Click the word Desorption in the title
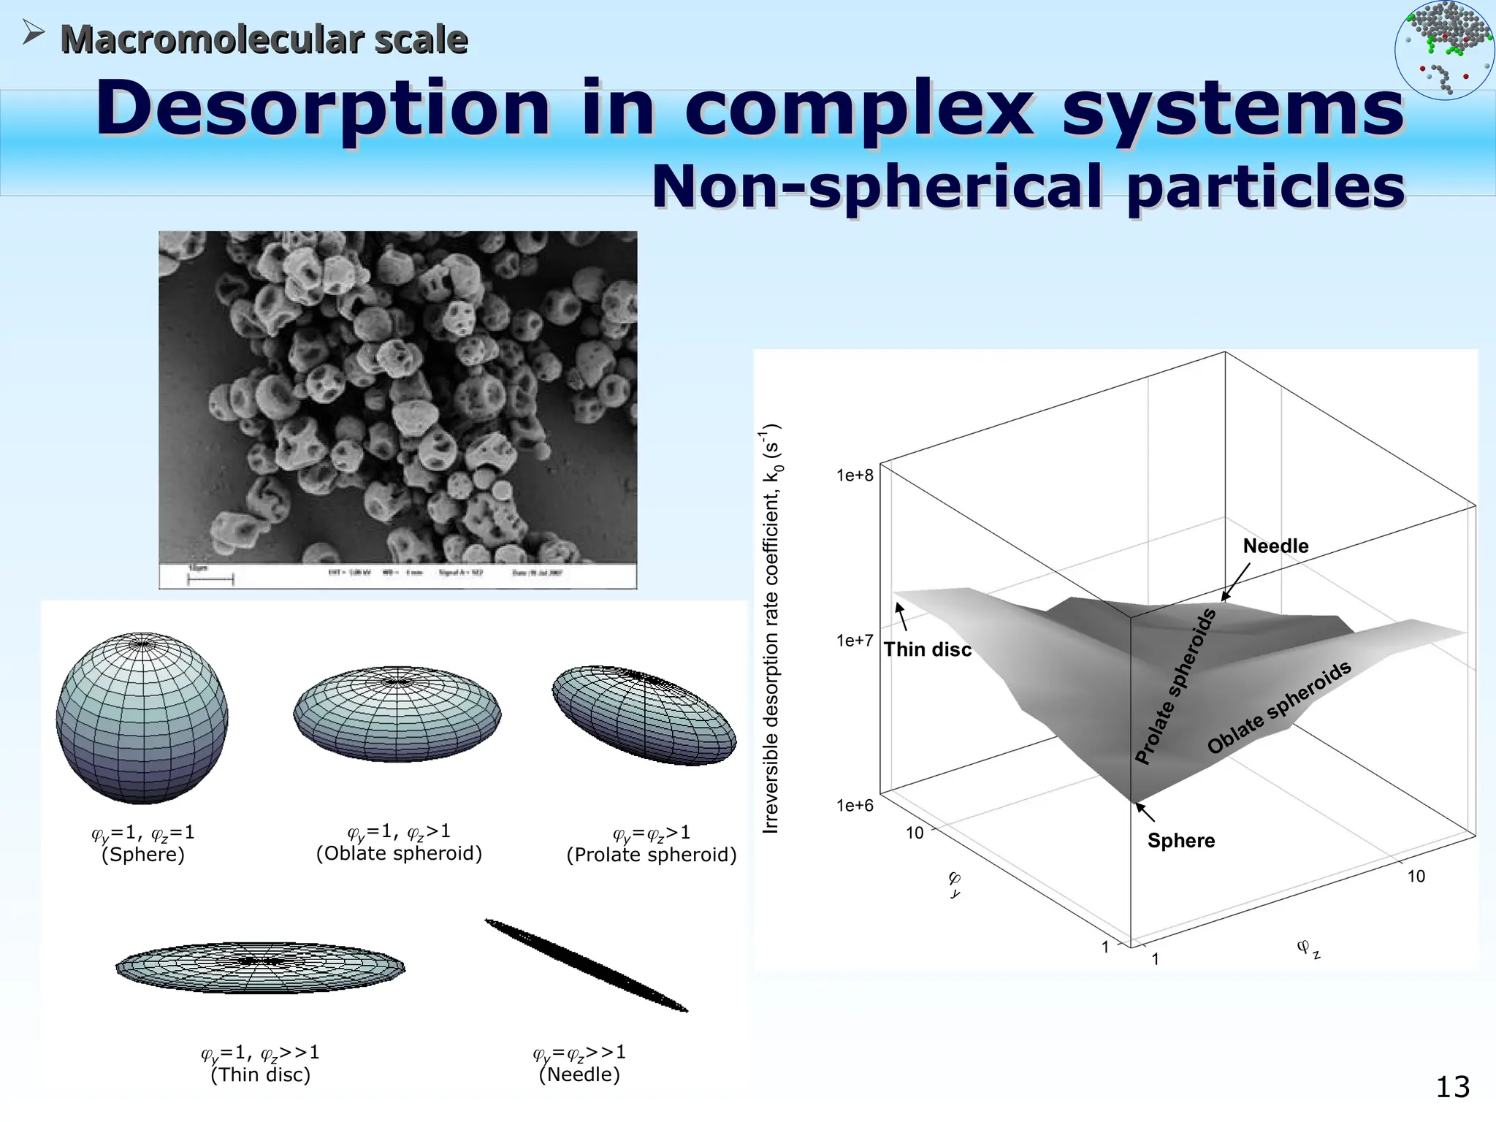pos(321,110)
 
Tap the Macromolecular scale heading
pos(263,39)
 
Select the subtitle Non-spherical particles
pos(1027,187)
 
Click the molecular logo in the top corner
pos(1444,50)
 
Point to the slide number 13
pos(1452,1087)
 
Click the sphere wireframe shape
pos(142,717)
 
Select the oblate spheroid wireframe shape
pos(397,714)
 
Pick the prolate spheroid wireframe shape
pos(644,715)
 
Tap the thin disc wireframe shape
pos(260,966)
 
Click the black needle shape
pos(586,965)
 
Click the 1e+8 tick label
pos(855,476)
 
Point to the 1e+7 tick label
pos(855,641)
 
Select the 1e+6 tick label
pos(855,806)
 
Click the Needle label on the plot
pos(1275,546)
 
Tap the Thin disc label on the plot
pos(928,649)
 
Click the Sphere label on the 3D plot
pos(1180,841)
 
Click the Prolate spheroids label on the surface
pos(1175,687)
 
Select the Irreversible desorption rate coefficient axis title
pos(772,628)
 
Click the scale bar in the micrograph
pos(210,579)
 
